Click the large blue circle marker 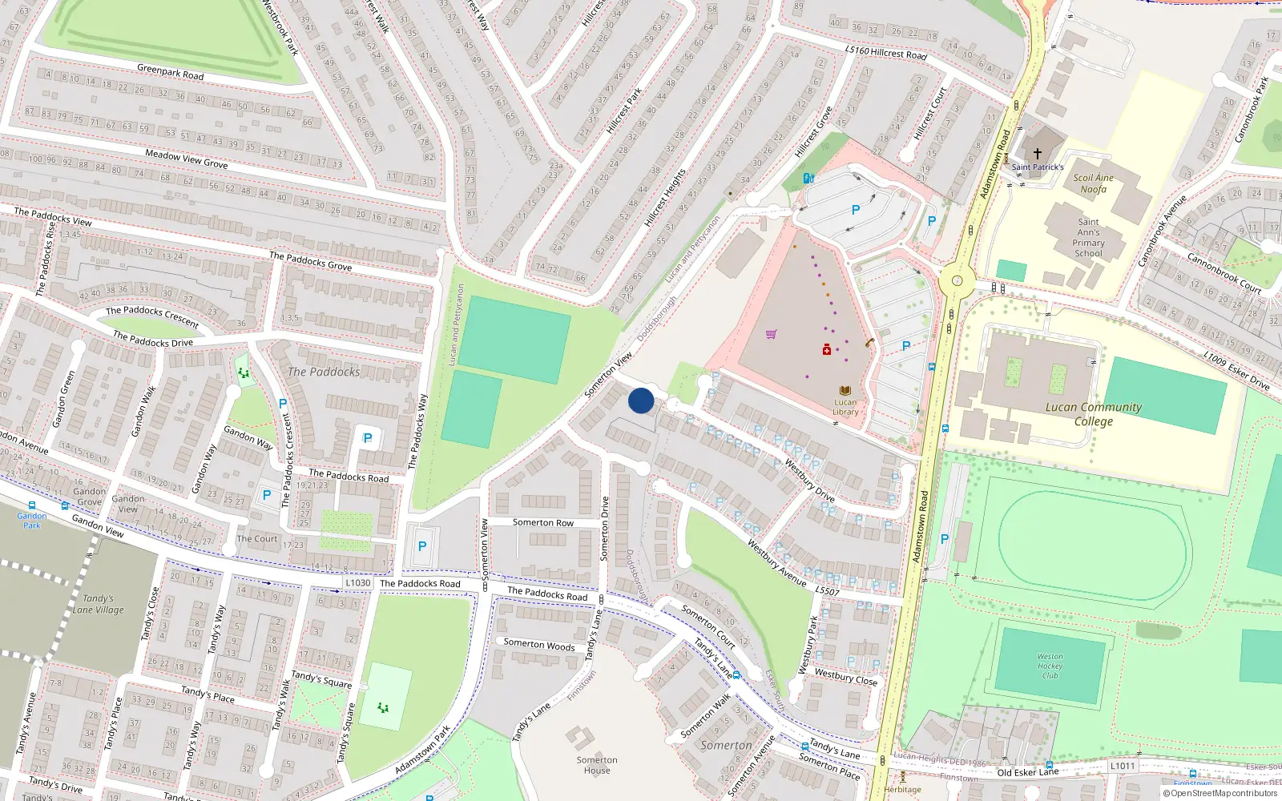coord(641,400)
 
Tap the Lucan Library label coord(845,407)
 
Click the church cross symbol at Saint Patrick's coord(1038,153)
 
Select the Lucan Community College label coord(1094,413)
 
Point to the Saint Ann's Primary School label coord(1088,237)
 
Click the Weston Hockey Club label coord(1050,666)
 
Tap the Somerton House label coord(597,765)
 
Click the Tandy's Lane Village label coord(99,604)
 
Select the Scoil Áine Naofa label coord(1094,183)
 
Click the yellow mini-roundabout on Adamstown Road coord(957,281)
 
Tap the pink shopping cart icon coord(771,334)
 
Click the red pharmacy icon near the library coord(827,349)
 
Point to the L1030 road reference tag coord(358,582)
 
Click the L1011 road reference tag coord(1123,766)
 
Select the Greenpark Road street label coord(170,72)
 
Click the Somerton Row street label coord(543,522)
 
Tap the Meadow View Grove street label coord(187,159)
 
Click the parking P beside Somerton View coord(422,546)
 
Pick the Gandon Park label coord(32,521)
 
